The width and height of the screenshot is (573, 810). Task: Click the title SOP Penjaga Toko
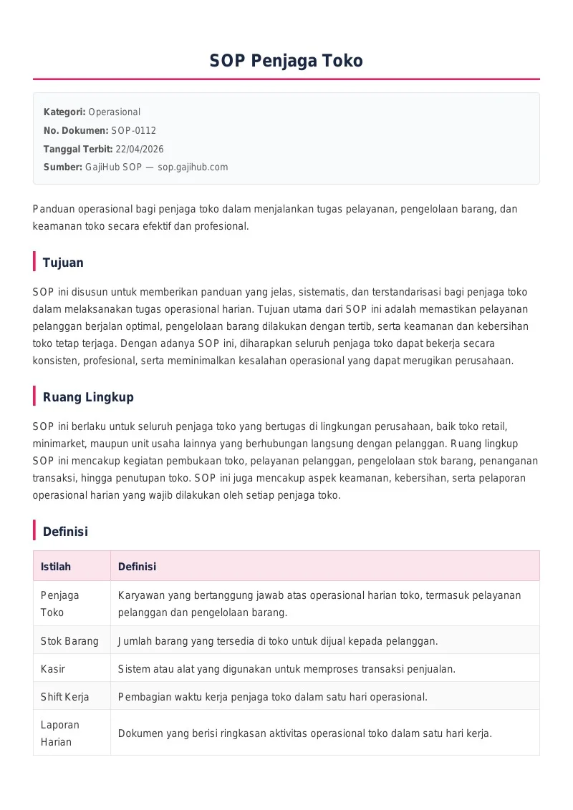tap(286, 61)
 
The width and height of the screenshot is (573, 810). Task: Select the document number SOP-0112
tap(133, 130)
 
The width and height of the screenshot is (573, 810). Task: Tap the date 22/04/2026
tap(139, 149)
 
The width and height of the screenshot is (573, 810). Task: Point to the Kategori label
tap(64, 112)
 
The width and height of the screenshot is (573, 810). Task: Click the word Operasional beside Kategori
tap(114, 112)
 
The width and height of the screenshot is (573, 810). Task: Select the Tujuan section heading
tap(63, 262)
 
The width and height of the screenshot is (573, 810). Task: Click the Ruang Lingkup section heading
tap(88, 396)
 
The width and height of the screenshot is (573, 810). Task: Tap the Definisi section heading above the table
tap(65, 531)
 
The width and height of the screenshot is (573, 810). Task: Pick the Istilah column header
tap(56, 566)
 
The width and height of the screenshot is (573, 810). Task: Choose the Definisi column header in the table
tap(137, 566)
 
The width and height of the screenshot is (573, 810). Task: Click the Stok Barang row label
tap(69, 640)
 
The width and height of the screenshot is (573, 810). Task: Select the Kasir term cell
tap(53, 668)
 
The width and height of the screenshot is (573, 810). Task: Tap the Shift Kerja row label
tap(65, 696)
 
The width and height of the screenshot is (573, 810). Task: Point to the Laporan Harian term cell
tap(60, 733)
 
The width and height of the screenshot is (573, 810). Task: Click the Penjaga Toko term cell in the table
tap(60, 603)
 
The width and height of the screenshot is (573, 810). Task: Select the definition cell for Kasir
tap(286, 668)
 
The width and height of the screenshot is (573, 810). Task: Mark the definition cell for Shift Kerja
tap(272, 696)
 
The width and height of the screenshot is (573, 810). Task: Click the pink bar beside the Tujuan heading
tap(34, 262)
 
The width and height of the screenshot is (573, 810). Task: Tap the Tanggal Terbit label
tap(78, 149)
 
